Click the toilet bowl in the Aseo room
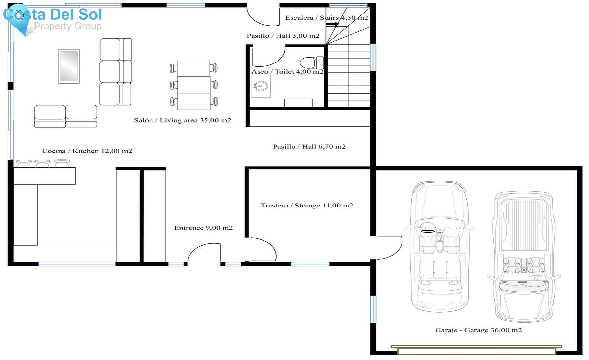click(309, 63)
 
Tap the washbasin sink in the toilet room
click(261, 86)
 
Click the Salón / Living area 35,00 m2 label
click(183, 120)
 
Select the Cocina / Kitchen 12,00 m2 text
click(87, 151)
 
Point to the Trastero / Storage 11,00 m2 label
click(307, 206)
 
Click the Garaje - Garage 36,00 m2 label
click(478, 330)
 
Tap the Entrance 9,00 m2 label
click(203, 228)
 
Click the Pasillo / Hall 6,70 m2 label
click(309, 147)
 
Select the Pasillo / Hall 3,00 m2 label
click(283, 36)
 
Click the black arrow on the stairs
click(332, 24)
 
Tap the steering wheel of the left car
click(427, 231)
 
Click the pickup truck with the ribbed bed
click(524, 257)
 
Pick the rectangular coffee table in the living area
click(69, 66)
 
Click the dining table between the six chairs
click(194, 85)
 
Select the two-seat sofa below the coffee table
click(65, 116)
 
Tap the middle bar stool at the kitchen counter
click(43, 163)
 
